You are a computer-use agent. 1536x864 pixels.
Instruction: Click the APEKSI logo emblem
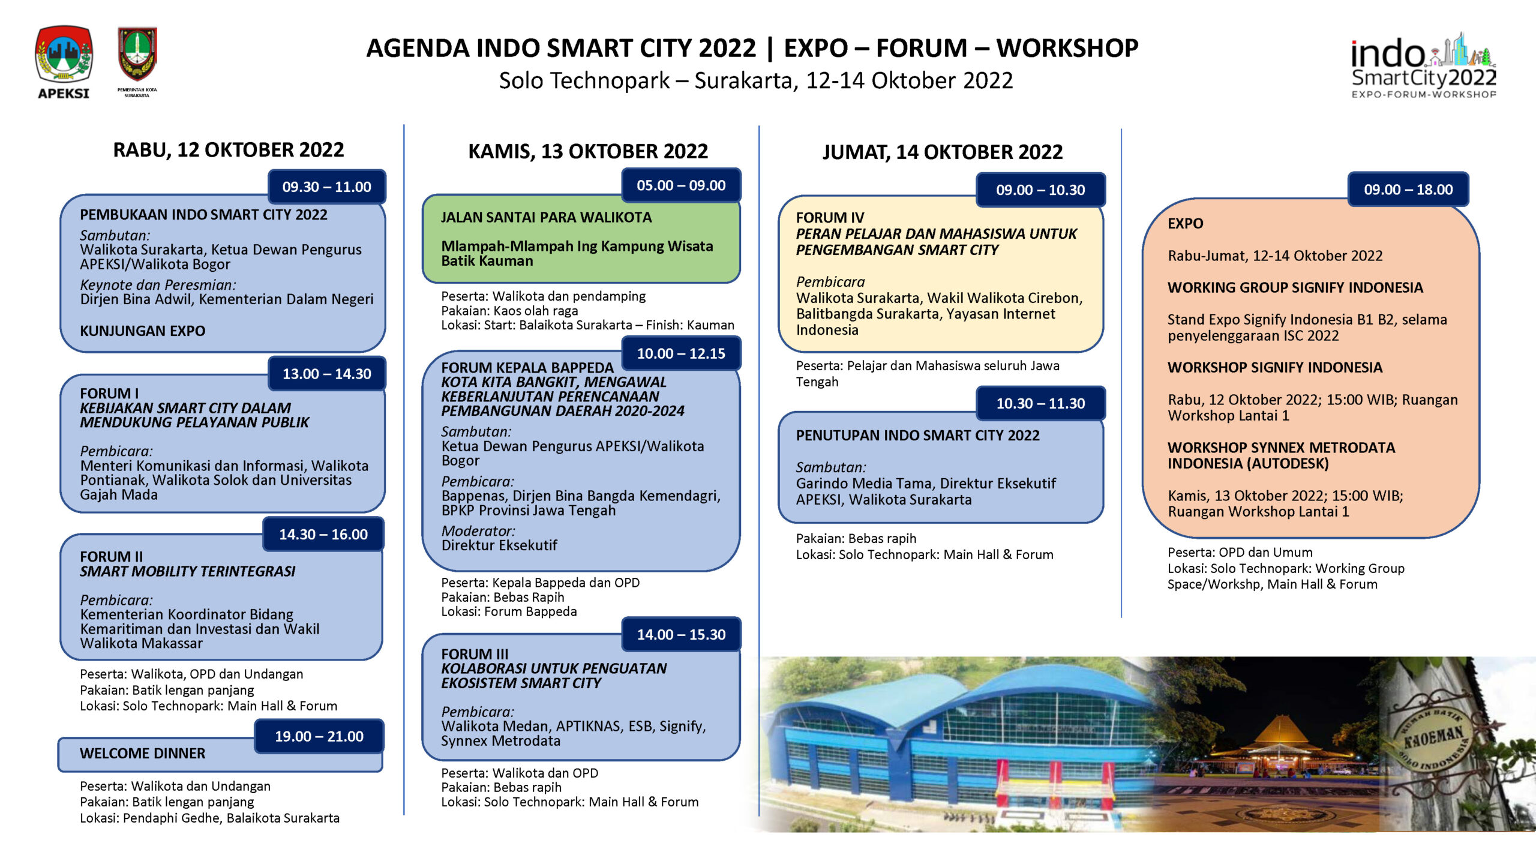coord(64,55)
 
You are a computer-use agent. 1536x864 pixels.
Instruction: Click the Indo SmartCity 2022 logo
coord(1424,65)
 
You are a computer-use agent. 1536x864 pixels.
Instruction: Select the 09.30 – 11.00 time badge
coord(326,187)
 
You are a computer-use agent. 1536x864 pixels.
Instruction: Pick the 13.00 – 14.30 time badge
coord(326,373)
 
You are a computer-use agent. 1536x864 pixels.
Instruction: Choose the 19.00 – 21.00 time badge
coord(319,736)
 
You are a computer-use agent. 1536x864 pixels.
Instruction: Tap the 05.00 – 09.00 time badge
coord(681,185)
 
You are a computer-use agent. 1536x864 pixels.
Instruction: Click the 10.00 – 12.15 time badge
coord(681,353)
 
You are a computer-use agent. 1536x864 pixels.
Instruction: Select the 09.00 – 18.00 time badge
coord(1408,189)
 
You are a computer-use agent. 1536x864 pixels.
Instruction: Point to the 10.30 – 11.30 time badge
coord(1040,403)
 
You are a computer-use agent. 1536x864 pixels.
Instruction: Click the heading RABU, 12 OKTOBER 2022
coord(229,149)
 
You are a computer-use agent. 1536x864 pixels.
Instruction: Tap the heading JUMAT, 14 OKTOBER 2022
coord(942,152)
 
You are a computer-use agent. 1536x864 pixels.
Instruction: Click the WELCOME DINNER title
coord(142,753)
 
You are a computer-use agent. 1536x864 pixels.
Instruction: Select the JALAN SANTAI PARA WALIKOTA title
coord(546,217)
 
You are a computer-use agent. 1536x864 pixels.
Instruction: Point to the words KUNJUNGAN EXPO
coord(142,331)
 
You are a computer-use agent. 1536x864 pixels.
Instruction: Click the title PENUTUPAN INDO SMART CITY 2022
coord(917,435)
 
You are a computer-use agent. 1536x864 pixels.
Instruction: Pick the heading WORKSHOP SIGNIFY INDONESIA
coord(1274,367)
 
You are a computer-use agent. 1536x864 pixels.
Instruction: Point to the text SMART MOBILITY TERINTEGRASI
coord(187,571)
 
